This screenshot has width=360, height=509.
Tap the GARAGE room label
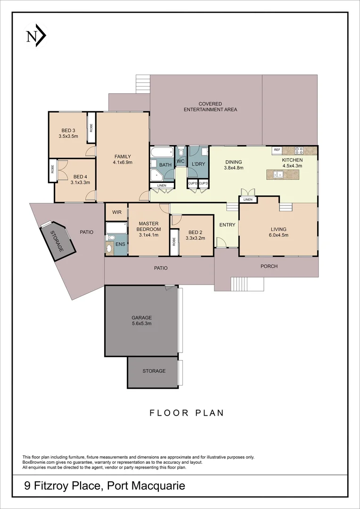pyautogui.click(x=141, y=318)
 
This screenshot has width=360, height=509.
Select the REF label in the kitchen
pyautogui.click(x=277, y=150)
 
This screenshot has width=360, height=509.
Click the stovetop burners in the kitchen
pyautogui.click(x=299, y=151)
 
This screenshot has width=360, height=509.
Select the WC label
pyautogui.click(x=180, y=162)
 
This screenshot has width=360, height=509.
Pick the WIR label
pyautogui.click(x=117, y=213)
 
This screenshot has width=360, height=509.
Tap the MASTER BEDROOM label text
pyautogui.click(x=148, y=226)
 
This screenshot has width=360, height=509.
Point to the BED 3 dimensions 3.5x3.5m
pyautogui.click(x=68, y=137)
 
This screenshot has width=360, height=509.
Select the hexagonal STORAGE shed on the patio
pyautogui.click(x=57, y=240)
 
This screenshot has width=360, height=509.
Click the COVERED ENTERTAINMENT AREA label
pyautogui.click(x=210, y=107)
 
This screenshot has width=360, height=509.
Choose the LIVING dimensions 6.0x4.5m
pyautogui.click(x=278, y=235)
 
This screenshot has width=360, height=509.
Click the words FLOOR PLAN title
pyautogui.click(x=187, y=413)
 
